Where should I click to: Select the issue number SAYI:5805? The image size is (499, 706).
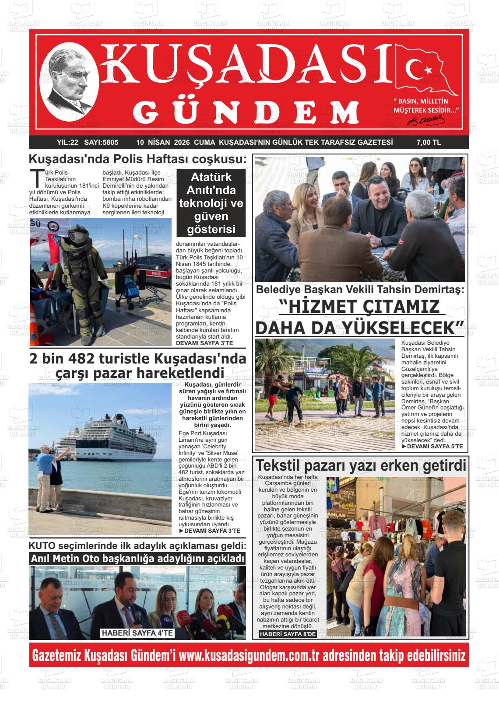101,142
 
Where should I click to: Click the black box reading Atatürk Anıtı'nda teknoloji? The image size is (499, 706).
211,203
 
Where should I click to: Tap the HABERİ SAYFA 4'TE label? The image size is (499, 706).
138,633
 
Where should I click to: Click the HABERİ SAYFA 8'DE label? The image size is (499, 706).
288,634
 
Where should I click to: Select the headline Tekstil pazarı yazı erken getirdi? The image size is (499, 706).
361,465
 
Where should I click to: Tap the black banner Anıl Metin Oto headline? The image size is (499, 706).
137,559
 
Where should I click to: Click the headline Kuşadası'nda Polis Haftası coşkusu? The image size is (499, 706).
137,159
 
